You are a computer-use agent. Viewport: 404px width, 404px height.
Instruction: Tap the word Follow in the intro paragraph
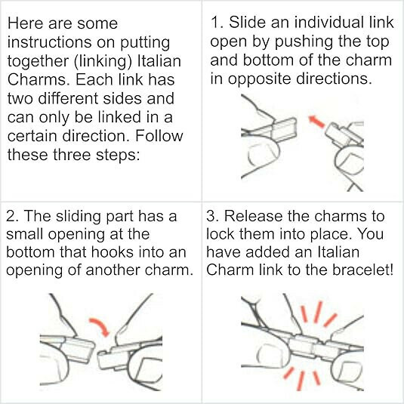pyautogui.click(x=159, y=135)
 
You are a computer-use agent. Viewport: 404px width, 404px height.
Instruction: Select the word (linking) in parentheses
pyautogui.click(x=103, y=61)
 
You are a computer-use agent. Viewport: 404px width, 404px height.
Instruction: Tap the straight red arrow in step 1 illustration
pyautogui.click(x=316, y=122)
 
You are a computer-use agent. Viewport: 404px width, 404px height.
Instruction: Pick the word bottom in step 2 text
pyautogui.click(x=30, y=252)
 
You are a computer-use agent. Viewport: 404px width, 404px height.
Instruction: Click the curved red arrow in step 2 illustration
pyautogui.click(x=100, y=326)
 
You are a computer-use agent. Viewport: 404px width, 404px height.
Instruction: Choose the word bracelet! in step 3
pyautogui.click(x=362, y=270)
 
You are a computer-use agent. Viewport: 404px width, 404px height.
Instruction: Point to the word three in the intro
pyautogui.click(x=72, y=154)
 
